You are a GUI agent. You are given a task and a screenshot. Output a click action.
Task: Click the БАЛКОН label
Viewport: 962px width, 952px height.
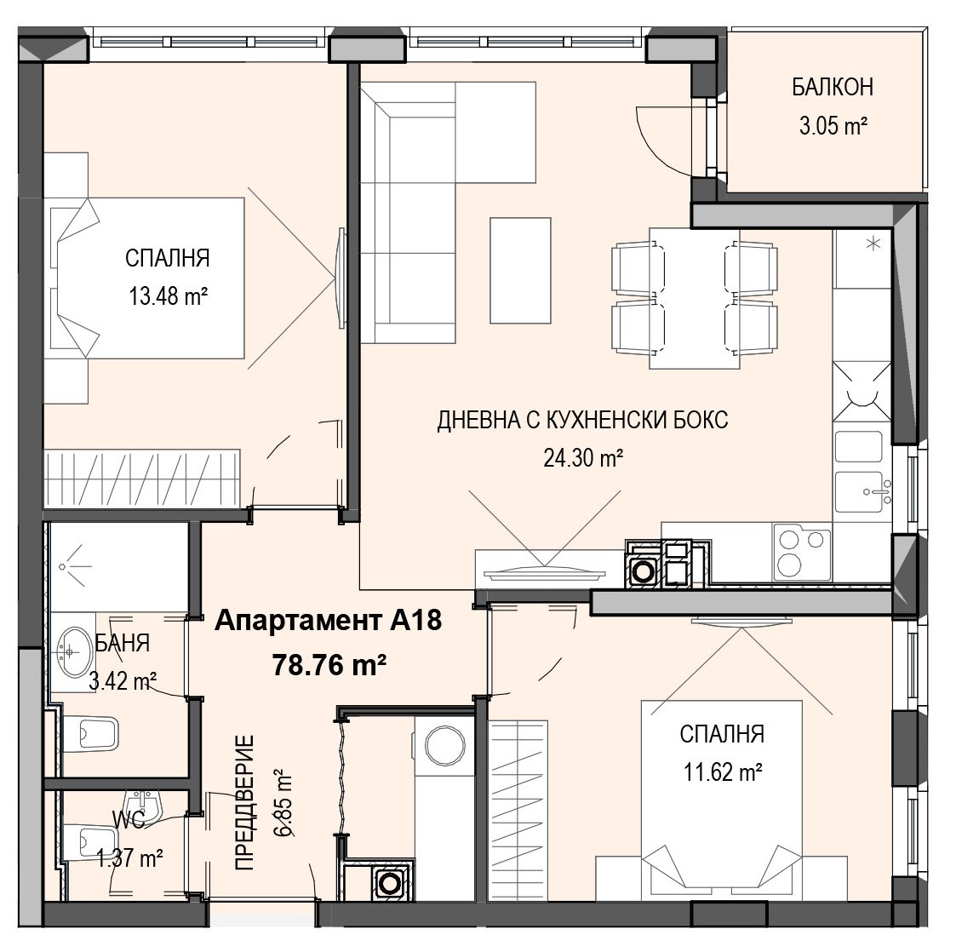[833, 88]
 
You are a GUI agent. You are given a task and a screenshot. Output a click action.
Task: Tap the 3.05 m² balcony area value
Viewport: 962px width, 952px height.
[833, 126]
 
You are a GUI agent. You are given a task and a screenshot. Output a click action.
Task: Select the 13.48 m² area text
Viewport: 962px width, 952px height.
[168, 297]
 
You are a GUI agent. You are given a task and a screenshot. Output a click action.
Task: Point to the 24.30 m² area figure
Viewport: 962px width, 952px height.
[583, 458]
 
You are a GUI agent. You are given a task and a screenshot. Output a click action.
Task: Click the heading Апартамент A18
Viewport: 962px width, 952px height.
[329, 621]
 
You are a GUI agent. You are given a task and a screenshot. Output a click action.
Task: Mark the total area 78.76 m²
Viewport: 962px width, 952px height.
[329, 664]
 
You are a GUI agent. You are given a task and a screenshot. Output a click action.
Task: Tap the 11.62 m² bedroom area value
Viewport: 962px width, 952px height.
[723, 772]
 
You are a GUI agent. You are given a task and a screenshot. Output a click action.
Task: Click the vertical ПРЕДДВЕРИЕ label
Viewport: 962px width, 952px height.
[244, 803]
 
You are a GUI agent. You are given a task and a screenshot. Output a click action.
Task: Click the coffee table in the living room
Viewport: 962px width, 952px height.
[520, 270]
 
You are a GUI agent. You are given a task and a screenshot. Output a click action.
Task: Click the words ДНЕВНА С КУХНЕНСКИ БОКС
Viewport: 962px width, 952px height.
[583, 421]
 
